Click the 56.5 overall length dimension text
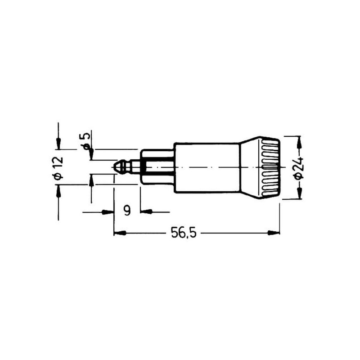(184, 233)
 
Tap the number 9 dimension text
(127, 210)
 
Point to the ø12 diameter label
(58, 168)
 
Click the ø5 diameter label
(86, 141)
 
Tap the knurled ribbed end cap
(270, 168)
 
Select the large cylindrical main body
(207, 167)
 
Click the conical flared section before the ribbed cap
(250, 168)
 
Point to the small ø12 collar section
(157, 167)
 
